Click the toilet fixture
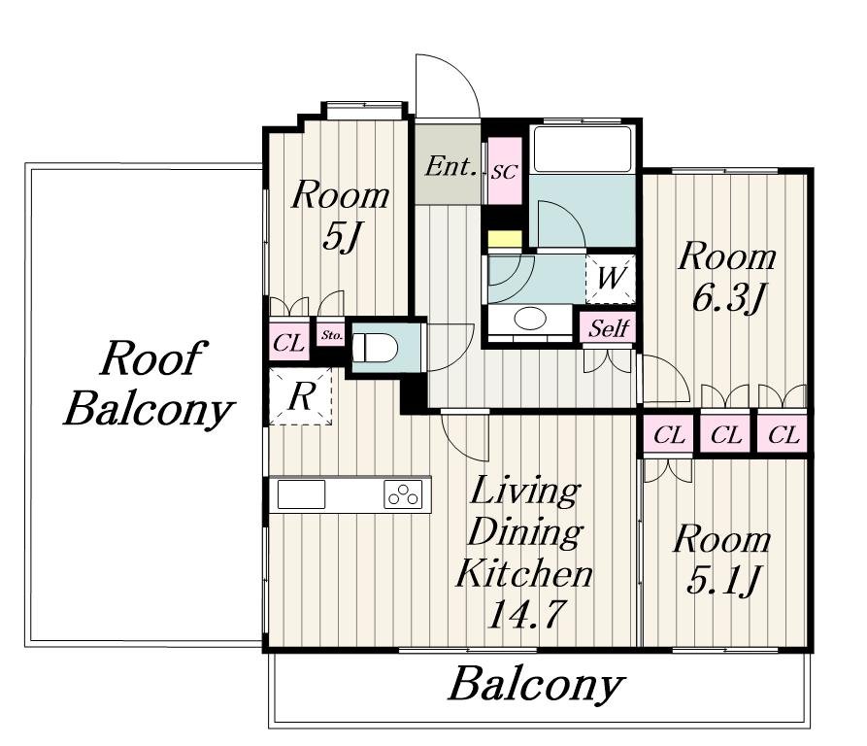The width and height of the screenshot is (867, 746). point(376,348)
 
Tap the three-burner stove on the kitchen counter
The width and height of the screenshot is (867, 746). point(403,493)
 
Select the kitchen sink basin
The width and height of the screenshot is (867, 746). point(301,493)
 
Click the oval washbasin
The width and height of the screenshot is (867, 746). point(530,319)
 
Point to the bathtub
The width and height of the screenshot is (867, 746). point(583,149)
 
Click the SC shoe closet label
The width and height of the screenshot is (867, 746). point(504,172)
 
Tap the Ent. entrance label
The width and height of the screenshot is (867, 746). point(450,165)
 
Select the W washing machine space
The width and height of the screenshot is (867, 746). point(611,279)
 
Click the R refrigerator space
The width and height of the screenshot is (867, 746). point(300,396)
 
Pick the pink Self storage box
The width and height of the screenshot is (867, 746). point(608,328)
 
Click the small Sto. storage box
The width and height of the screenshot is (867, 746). point(332,335)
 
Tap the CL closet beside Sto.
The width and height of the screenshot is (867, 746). point(288,343)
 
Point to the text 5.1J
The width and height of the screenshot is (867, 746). point(722,581)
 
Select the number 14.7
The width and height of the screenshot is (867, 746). point(525,614)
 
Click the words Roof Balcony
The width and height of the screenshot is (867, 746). point(149,384)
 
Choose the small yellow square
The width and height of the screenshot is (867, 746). point(505,239)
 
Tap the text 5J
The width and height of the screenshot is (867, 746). point(341,238)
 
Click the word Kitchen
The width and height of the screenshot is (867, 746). point(524,573)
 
